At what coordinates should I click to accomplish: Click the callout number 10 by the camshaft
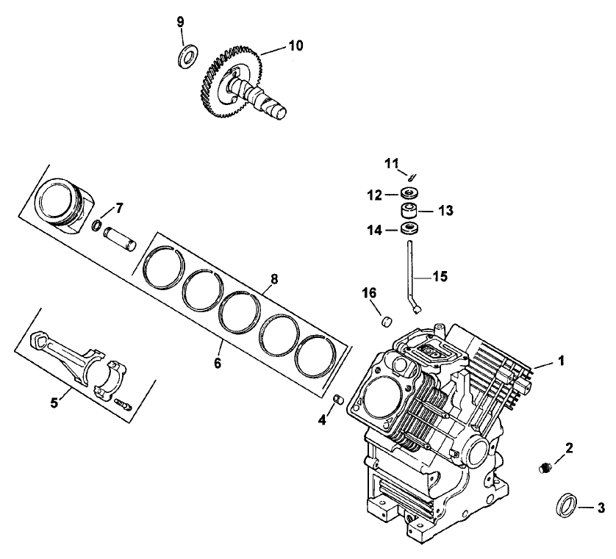point(295,46)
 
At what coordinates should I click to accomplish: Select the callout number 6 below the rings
point(218,342)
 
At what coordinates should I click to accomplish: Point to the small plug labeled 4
point(340,399)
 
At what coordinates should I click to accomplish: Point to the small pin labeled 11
point(413,176)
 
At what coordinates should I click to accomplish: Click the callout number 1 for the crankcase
point(562,361)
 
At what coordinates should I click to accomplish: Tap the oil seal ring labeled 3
point(566,505)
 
